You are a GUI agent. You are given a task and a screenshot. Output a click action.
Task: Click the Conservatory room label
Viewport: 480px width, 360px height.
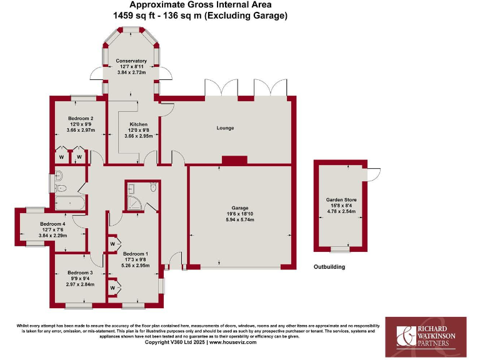click(x=131, y=61)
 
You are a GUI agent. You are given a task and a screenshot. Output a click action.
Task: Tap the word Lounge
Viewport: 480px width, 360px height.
click(x=225, y=128)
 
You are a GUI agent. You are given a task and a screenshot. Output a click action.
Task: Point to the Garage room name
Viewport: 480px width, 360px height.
click(x=240, y=207)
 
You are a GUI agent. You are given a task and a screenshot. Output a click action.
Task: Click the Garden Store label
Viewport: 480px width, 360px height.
click(x=341, y=199)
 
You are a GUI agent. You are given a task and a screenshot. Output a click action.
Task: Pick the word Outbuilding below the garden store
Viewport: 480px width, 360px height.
click(x=329, y=267)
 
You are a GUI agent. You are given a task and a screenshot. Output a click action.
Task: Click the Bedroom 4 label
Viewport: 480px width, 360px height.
click(x=52, y=223)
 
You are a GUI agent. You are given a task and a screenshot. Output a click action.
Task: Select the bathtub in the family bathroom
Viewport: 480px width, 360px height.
click(x=69, y=202)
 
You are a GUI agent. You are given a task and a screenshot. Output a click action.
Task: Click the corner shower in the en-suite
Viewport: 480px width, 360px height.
click(x=133, y=201)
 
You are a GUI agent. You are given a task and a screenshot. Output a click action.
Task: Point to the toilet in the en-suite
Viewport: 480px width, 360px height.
click(x=154, y=186)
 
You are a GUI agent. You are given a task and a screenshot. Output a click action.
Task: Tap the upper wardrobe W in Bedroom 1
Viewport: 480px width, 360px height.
click(x=112, y=243)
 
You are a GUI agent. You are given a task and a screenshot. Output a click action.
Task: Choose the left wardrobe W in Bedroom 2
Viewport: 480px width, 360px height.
click(x=61, y=156)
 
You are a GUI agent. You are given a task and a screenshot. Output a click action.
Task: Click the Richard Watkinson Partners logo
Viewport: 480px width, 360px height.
click(x=425, y=331)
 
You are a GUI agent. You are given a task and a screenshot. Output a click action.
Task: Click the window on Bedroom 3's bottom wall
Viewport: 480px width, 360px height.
click(x=78, y=306)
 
